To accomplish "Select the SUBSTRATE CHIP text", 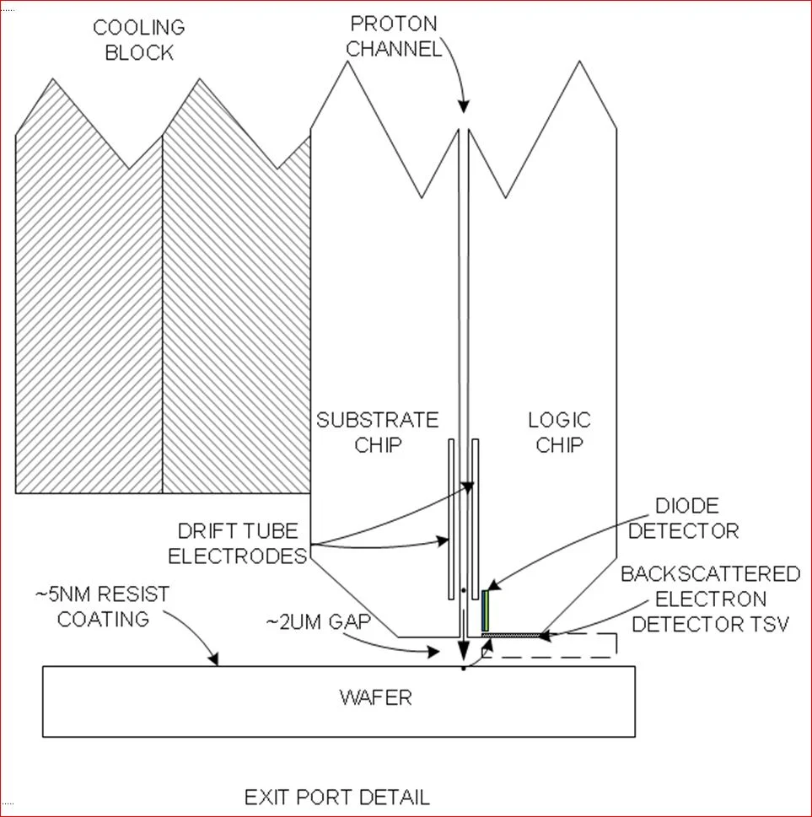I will coord(378,432).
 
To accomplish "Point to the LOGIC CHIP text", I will coord(559,432).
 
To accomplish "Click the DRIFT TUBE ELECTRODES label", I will coord(238,544).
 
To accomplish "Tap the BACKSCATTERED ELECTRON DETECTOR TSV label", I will coord(710,599).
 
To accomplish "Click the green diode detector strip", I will coord(485,610).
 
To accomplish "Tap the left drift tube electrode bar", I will coord(452,514).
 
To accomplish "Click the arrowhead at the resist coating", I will coord(217,662).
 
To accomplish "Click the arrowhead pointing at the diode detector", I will coord(492,586).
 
